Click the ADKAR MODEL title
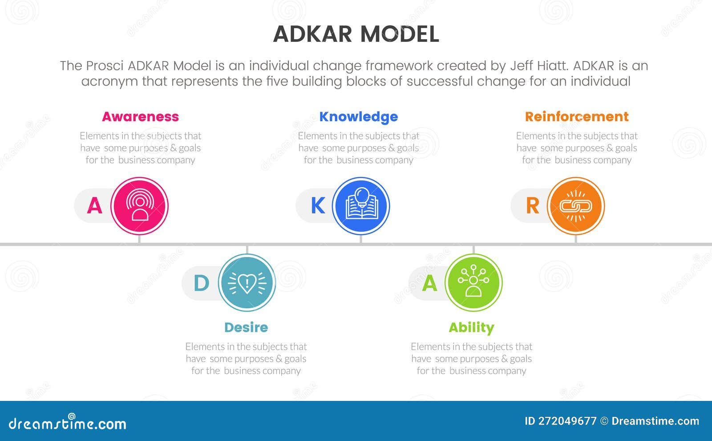tap(356, 34)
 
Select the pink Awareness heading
tap(140, 117)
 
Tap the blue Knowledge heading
tap(359, 117)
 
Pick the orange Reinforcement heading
tap(577, 117)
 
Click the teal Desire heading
tap(246, 327)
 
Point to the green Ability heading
tap(471, 327)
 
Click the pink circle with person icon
tap(140, 206)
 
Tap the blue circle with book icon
tap(361, 206)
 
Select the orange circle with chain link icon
tap(576, 206)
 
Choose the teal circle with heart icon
tap(247, 282)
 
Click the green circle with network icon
tap(473, 282)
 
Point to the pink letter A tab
tap(94, 206)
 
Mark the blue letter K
tap(318, 206)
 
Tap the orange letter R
tap(532, 206)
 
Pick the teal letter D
tap(202, 283)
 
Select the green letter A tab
tap(429, 283)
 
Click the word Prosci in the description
tap(105, 66)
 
